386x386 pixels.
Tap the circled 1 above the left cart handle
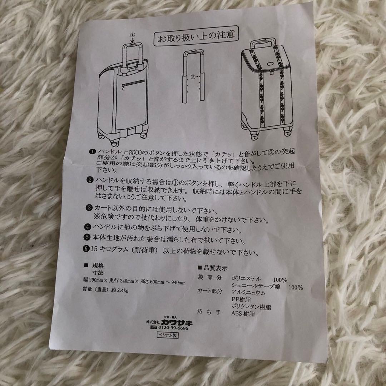[132, 35]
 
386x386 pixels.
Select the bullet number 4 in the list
[88, 227]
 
